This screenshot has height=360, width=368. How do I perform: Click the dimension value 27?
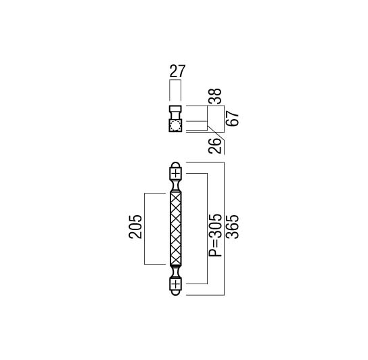click(x=177, y=71)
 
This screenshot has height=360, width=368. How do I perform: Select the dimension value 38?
click(x=215, y=96)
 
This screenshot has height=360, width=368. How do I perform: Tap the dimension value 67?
click(x=232, y=118)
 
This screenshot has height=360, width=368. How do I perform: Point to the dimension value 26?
click(x=215, y=146)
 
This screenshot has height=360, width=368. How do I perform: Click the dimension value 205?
click(x=135, y=227)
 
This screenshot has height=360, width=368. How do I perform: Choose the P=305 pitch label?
click(x=215, y=235)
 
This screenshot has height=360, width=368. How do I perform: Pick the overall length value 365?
click(x=232, y=227)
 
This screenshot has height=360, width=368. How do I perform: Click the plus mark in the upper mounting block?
click(x=176, y=174)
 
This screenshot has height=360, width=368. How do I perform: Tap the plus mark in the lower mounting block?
click(x=176, y=285)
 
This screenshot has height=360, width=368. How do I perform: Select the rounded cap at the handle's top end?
click(x=176, y=164)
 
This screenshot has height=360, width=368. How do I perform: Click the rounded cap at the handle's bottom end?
click(x=176, y=293)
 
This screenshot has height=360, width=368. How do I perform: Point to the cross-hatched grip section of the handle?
click(x=176, y=229)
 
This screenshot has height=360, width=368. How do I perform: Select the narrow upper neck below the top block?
click(x=176, y=186)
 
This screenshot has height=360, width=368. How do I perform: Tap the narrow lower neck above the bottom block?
click(x=176, y=272)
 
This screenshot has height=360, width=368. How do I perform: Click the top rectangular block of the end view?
click(x=175, y=109)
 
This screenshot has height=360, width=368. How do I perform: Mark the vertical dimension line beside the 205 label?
click(x=144, y=229)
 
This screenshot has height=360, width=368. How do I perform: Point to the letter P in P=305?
click(x=215, y=252)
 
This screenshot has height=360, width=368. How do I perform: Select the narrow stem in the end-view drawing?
click(x=175, y=116)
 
